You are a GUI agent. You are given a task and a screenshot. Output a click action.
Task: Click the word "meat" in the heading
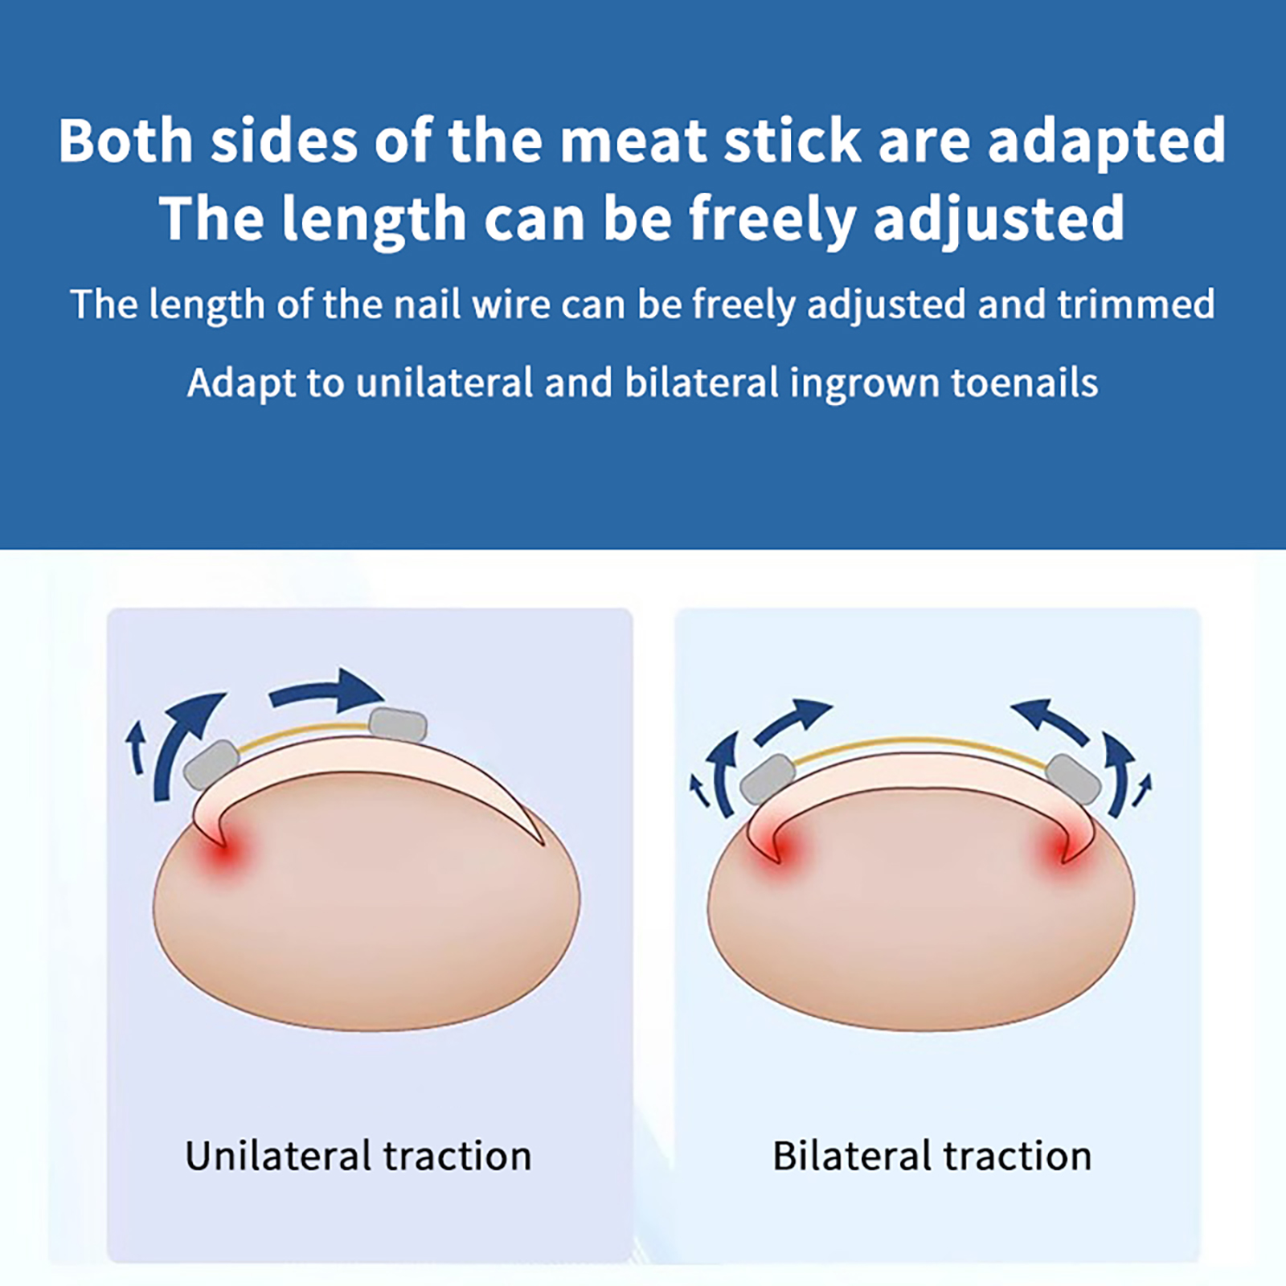point(633,142)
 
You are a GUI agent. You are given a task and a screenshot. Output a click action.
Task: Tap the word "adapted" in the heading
point(1106,142)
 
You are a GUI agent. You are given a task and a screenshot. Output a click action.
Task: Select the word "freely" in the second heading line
point(772,219)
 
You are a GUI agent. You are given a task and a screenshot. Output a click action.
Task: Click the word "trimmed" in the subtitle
point(1136,305)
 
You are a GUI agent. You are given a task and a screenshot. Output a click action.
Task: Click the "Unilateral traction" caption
point(358,1156)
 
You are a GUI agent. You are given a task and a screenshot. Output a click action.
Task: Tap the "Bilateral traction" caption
point(932,1156)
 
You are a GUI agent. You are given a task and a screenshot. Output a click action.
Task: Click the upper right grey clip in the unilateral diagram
point(397,725)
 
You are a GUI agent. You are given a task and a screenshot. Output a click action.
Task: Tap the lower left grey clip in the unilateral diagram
point(211,764)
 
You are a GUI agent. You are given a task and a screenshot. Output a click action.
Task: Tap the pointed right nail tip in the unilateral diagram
point(543,844)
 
